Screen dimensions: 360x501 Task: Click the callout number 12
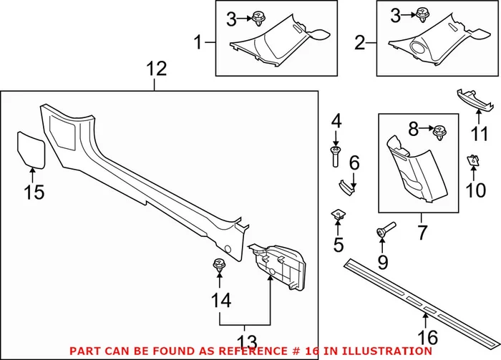[156, 69]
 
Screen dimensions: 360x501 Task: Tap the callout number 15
[34, 192]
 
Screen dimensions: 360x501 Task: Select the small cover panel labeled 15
[31, 148]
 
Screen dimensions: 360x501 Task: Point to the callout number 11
[475, 133]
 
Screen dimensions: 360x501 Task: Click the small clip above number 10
[473, 162]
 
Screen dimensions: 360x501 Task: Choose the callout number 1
[198, 44]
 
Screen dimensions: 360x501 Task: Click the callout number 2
[359, 44]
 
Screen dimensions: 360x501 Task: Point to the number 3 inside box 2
[395, 17]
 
